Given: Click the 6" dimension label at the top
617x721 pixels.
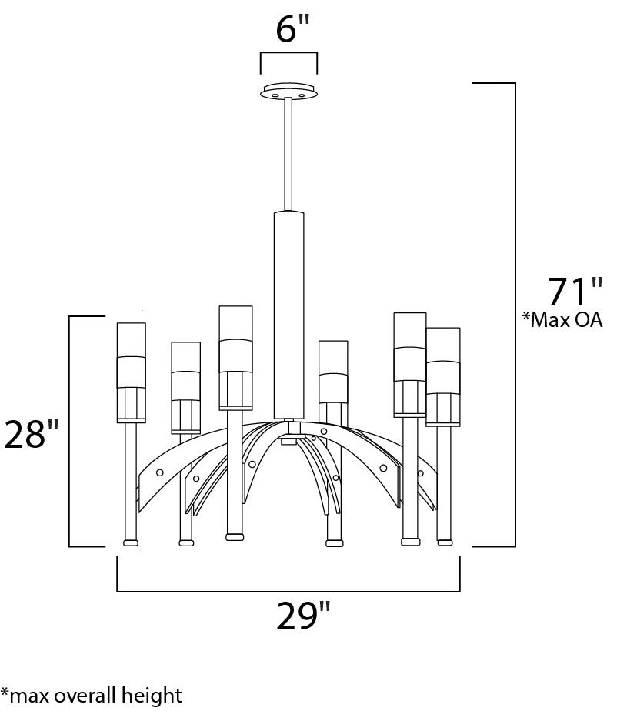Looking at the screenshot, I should pos(292,29).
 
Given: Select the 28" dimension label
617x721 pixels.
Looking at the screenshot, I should pos(32,435).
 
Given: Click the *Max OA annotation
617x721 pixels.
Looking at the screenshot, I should pos(562,320).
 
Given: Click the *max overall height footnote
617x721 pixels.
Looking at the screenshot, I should pos(92,696).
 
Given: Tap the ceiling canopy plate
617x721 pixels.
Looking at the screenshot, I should pos(289,92).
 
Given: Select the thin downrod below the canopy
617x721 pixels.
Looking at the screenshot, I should pos(289,154).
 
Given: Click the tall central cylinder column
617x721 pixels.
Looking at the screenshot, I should pos(289,315).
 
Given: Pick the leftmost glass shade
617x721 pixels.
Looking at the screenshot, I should pos(131,372).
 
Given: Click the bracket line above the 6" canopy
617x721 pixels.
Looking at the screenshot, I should pos(289,54).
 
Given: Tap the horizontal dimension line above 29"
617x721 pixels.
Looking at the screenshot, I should pos(288,592).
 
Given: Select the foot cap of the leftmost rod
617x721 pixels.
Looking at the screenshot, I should pos(131,542).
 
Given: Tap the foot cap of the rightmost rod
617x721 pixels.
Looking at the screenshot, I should pos(444,542).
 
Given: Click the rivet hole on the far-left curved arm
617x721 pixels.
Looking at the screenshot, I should pos(159,472).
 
